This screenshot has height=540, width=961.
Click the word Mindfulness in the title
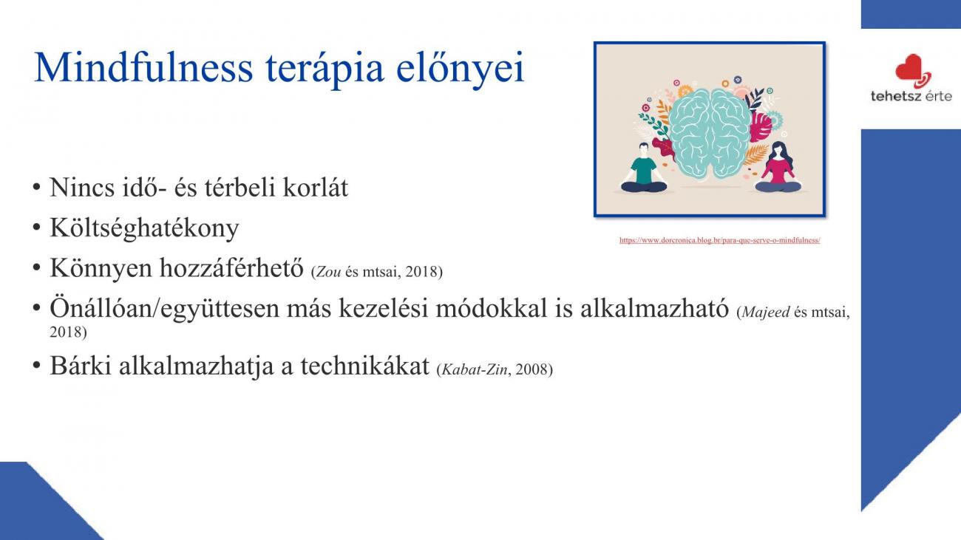click(143, 68)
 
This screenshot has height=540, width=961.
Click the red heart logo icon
click(913, 71)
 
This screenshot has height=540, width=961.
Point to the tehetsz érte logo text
click(911, 96)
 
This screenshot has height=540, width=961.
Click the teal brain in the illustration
click(710, 133)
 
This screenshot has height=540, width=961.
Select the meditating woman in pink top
click(778, 168)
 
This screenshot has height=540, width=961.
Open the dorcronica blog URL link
click(719, 240)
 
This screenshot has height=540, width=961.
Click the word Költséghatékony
click(144, 228)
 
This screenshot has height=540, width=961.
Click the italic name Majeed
click(765, 312)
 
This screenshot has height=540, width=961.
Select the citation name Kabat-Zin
click(474, 369)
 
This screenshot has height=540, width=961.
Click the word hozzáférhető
click(231, 268)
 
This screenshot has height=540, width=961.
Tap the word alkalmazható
click(654, 308)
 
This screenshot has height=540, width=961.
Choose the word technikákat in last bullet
click(364, 366)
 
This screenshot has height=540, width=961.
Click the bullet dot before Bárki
click(36, 366)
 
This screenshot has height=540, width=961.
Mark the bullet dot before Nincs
click(36, 188)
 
